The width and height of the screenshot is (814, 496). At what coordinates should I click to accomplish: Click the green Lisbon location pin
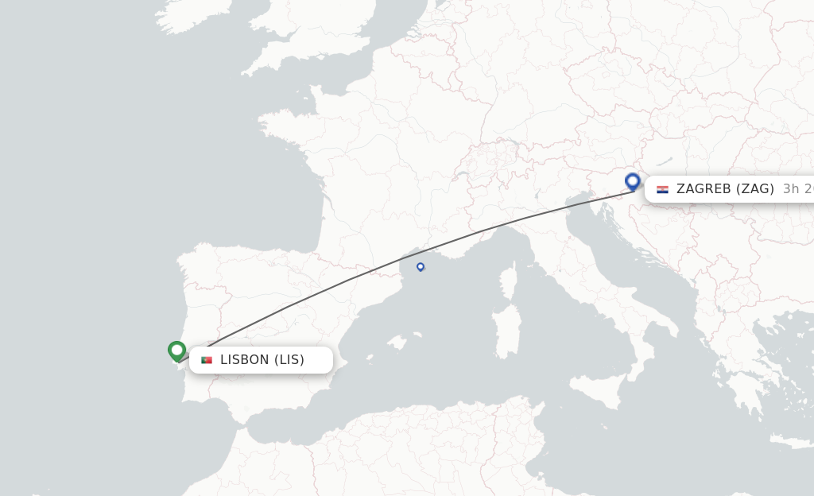click(176, 350)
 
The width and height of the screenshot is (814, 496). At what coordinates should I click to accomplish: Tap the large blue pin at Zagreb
click(633, 182)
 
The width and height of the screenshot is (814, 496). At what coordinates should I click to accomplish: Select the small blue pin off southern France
click(421, 266)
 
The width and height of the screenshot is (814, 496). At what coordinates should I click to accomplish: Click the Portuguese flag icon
click(207, 360)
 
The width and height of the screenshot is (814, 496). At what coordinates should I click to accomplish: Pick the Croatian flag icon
click(662, 189)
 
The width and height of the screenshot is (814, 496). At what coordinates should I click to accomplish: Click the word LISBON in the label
click(244, 360)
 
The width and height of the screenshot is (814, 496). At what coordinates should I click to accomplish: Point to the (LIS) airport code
click(289, 360)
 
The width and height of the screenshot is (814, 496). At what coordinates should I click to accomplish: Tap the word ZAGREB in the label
click(704, 189)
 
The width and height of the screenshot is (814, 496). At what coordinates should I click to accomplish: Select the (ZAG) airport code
click(756, 189)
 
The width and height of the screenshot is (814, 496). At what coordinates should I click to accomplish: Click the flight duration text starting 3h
click(797, 189)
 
